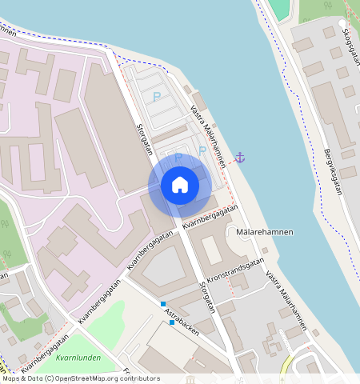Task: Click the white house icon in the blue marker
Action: point(180,186)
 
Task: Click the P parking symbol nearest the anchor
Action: point(203,150)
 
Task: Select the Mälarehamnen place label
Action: point(265,232)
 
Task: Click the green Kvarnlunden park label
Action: point(78,358)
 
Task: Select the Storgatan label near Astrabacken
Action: point(208,297)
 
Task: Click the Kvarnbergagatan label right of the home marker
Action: point(210,218)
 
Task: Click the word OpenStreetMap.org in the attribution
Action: point(83,378)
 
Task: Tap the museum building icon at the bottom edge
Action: point(190,378)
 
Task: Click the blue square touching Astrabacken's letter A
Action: point(162,305)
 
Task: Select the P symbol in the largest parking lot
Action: point(155,97)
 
